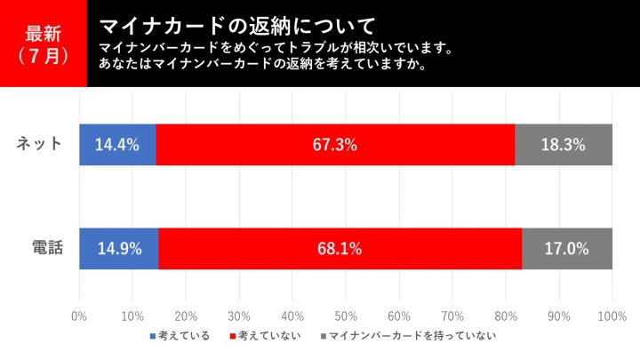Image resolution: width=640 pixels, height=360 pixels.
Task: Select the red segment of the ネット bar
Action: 267,144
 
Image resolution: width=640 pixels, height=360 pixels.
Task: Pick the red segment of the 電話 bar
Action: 267,249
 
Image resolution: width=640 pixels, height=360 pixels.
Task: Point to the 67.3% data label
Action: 335,145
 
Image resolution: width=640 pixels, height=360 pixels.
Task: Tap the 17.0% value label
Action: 566,249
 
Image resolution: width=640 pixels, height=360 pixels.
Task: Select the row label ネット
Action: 40,144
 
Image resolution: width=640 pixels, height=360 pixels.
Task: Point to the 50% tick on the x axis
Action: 345,316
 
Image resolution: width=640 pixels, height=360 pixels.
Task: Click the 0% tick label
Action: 78,316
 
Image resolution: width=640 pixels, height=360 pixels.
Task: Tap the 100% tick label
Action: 612,316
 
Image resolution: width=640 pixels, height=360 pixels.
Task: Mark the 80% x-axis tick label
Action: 506,316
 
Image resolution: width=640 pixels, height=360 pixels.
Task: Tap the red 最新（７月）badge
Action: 43,44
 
